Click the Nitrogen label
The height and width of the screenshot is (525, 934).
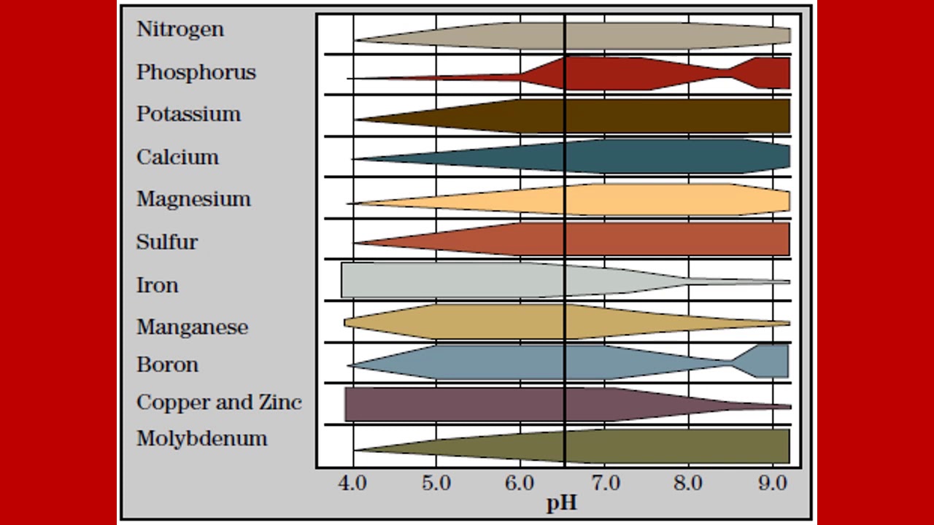[180, 30]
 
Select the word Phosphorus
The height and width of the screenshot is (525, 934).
[196, 72]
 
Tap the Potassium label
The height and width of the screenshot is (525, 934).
[188, 114]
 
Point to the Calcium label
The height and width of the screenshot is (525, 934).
[177, 157]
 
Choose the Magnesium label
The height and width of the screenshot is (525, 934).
[193, 199]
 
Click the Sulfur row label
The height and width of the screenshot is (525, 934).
[166, 242]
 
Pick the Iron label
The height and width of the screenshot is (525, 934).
[157, 284]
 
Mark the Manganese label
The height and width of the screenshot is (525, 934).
[192, 327]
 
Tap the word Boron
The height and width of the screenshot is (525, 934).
[167, 365]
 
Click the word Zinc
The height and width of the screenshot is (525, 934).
[280, 402]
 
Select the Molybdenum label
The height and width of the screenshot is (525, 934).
[201, 439]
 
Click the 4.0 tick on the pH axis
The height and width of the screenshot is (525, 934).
[353, 483]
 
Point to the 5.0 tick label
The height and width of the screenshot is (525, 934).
[436, 483]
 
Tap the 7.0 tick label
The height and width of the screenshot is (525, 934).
[605, 483]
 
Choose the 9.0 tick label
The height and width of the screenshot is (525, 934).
[772, 483]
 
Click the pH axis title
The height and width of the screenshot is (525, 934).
[562, 502]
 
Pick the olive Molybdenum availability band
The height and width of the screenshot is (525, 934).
[657, 446]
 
